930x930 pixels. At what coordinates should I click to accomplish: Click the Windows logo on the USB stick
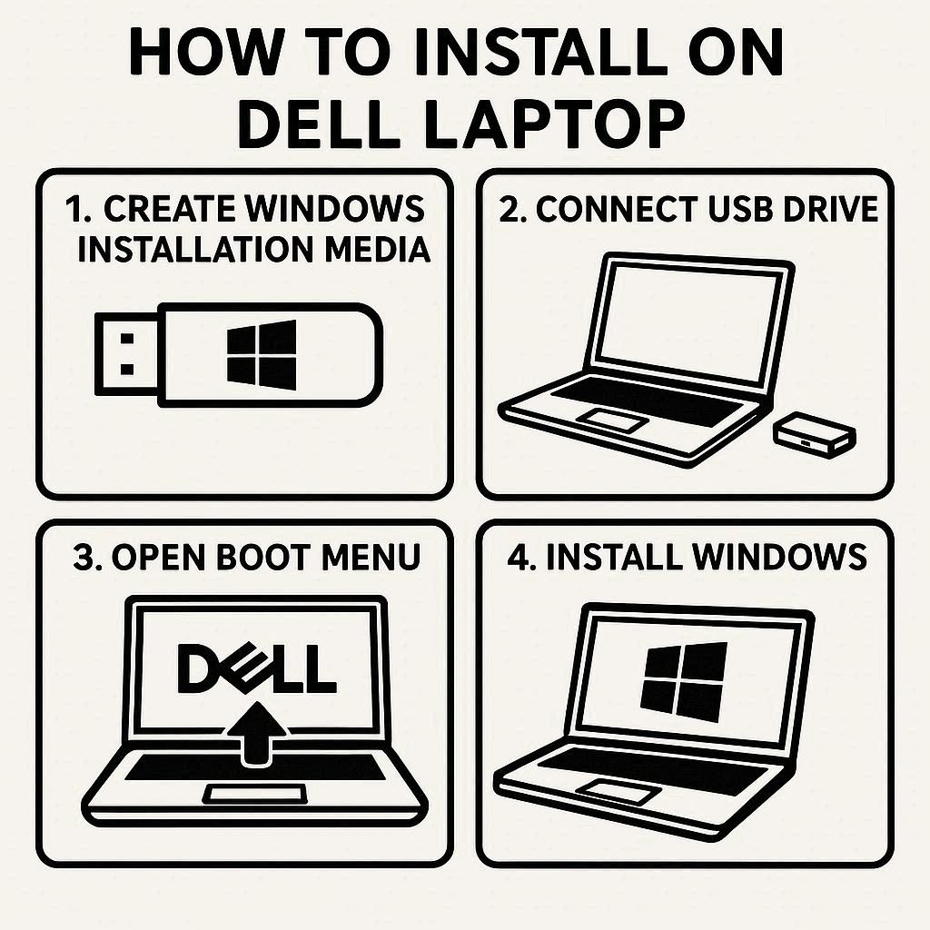(x=262, y=355)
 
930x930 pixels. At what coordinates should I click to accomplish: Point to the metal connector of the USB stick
(x=126, y=354)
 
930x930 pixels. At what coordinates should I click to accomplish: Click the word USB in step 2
(x=741, y=210)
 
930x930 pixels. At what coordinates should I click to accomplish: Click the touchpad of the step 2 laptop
(x=612, y=420)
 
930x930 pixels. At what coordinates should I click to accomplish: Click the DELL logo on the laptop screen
(x=257, y=668)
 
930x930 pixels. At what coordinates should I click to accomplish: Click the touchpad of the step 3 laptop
(x=255, y=793)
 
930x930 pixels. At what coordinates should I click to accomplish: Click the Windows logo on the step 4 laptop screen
(x=684, y=681)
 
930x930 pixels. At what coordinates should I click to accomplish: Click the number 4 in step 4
(x=519, y=558)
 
